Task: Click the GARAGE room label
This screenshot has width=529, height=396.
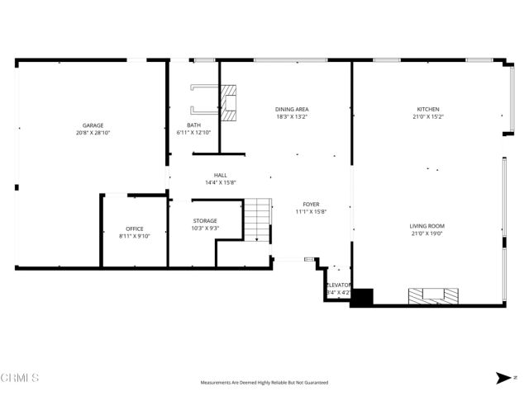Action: click(93, 125)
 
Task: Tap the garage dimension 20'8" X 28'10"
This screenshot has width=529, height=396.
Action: click(93, 132)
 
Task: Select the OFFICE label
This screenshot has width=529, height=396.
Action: click(135, 229)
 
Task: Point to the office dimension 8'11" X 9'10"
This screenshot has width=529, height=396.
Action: click(135, 236)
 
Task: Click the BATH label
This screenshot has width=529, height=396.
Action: click(193, 125)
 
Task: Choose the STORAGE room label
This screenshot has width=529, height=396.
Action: click(205, 220)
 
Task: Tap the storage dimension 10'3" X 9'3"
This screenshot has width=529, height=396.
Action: click(205, 228)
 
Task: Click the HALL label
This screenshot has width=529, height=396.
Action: click(221, 175)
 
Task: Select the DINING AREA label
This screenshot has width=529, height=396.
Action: click(291, 109)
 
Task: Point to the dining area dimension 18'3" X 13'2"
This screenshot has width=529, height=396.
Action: click(291, 116)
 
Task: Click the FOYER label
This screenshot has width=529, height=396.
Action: click(311, 204)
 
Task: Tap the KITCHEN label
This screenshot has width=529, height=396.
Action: click(427, 109)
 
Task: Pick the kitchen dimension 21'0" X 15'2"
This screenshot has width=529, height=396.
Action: click(427, 116)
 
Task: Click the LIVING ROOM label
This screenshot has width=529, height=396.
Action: click(427, 225)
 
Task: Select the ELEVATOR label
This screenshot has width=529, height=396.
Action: click(339, 285)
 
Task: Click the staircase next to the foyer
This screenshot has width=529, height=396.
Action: click(257, 219)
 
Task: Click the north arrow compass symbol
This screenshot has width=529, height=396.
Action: click(503, 378)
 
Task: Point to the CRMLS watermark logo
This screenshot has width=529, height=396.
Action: click(20, 377)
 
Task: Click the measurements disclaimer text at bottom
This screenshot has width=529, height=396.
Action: click(264, 383)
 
